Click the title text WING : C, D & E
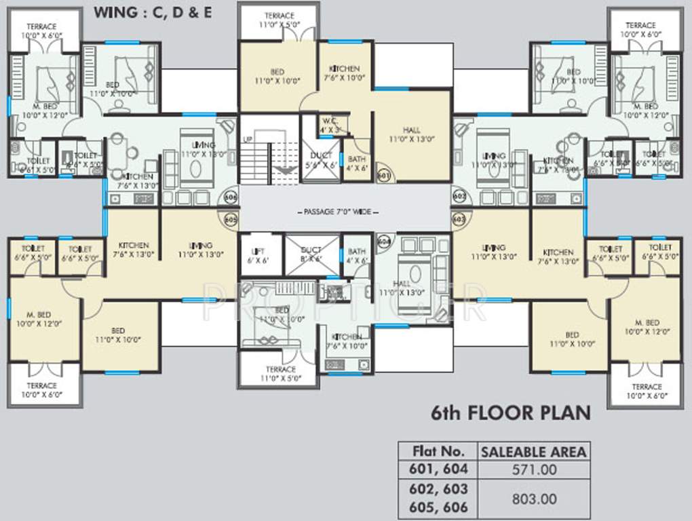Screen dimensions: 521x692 152,12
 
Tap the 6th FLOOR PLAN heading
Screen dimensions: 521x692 511,412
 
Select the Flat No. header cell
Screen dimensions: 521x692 438,451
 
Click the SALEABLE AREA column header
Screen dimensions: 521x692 533,451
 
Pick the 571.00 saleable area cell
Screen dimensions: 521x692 533,469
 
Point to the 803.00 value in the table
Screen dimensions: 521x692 533,499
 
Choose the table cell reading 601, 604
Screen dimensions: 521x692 438,469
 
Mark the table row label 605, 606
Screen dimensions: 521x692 438,507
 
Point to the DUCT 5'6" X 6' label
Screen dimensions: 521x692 322,160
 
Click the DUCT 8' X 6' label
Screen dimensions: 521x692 311,254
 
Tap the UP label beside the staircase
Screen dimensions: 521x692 248,139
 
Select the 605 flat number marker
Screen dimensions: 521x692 231,220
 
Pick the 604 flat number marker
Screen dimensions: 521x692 384,240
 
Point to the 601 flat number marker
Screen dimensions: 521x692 384,175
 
